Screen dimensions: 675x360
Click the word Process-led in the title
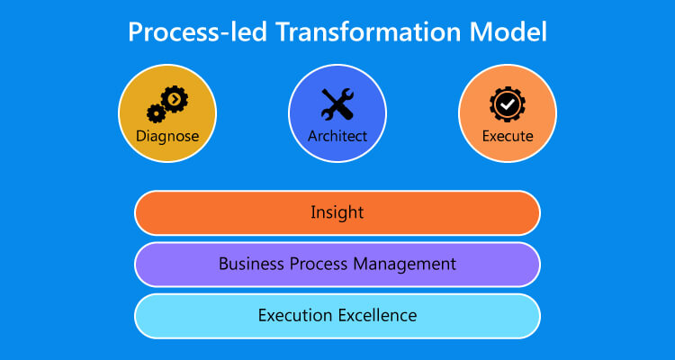pos(198,31)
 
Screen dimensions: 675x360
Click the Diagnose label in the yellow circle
pos(167,137)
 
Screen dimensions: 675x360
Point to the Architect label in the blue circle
pos(337,137)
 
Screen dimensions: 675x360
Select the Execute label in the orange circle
pos(508,137)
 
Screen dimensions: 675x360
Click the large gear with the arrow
pos(175,100)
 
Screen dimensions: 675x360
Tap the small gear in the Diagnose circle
pos(156,113)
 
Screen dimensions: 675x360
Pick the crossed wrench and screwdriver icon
pos(337,104)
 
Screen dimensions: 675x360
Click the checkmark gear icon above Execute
pos(508,104)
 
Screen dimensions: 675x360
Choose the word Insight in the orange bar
pos(337,212)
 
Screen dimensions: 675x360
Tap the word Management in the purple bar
pos(404,265)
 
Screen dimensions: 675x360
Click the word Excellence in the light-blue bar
pos(378,315)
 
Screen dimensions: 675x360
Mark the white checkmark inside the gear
pos(508,104)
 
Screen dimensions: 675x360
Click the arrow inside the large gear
pos(175,100)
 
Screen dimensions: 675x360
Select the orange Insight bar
pos(337,212)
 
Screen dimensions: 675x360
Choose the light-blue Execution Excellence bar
pos(337,316)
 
